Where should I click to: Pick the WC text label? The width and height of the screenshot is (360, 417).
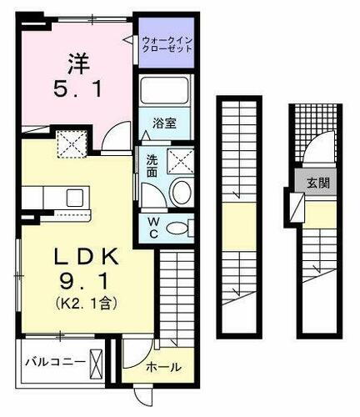pos(153,226)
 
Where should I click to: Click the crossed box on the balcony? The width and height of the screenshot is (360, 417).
pos(98,363)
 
